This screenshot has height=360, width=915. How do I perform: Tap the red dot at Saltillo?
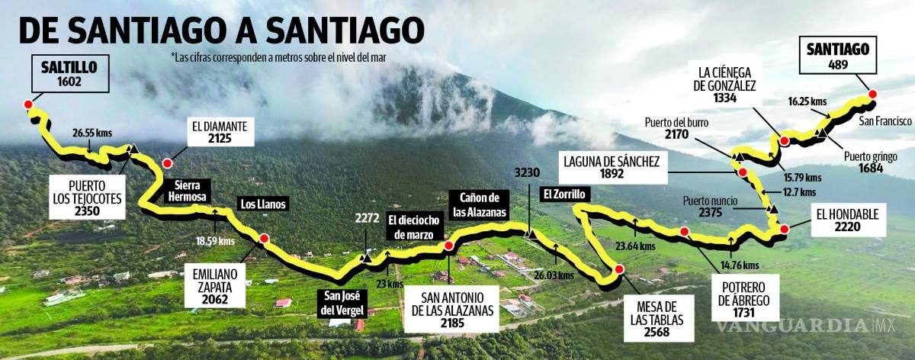coord(29,104)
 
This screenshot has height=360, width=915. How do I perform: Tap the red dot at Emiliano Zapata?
coord(264,239)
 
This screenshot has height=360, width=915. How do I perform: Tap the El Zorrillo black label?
coord(563,194)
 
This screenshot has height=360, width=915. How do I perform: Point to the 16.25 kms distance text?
coord(807,100)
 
